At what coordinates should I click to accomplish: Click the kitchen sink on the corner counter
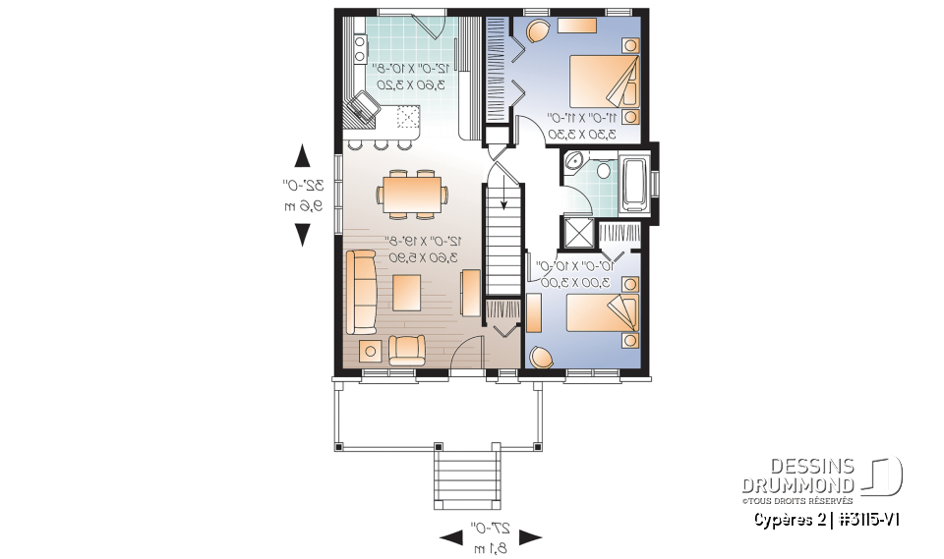coord(363,106)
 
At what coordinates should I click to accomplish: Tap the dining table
coord(413,194)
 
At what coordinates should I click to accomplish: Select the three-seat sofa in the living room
coord(362,292)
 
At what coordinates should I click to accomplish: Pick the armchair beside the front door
coord(407,349)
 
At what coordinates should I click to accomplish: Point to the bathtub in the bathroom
coord(635,183)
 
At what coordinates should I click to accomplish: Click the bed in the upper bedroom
coord(602,78)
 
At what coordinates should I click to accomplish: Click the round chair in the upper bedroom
coord(537,30)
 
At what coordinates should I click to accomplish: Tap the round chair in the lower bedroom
coord(539,357)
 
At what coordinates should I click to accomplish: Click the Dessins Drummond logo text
coord(798,475)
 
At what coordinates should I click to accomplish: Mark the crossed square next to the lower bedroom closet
coord(576,233)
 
